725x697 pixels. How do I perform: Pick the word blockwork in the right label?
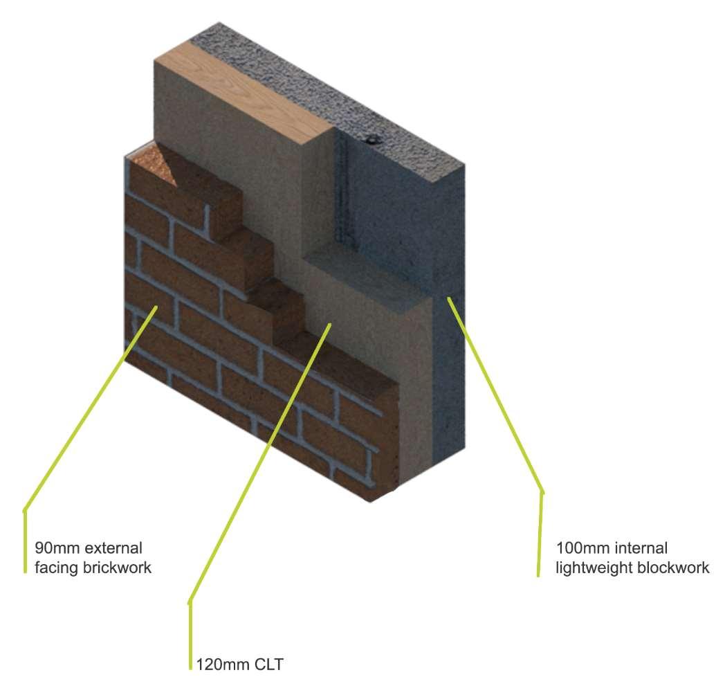click(x=677, y=568)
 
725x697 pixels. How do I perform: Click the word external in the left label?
click(x=113, y=549)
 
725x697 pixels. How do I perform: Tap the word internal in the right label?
click(x=640, y=549)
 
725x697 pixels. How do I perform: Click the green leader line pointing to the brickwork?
click(x=90, y=408)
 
